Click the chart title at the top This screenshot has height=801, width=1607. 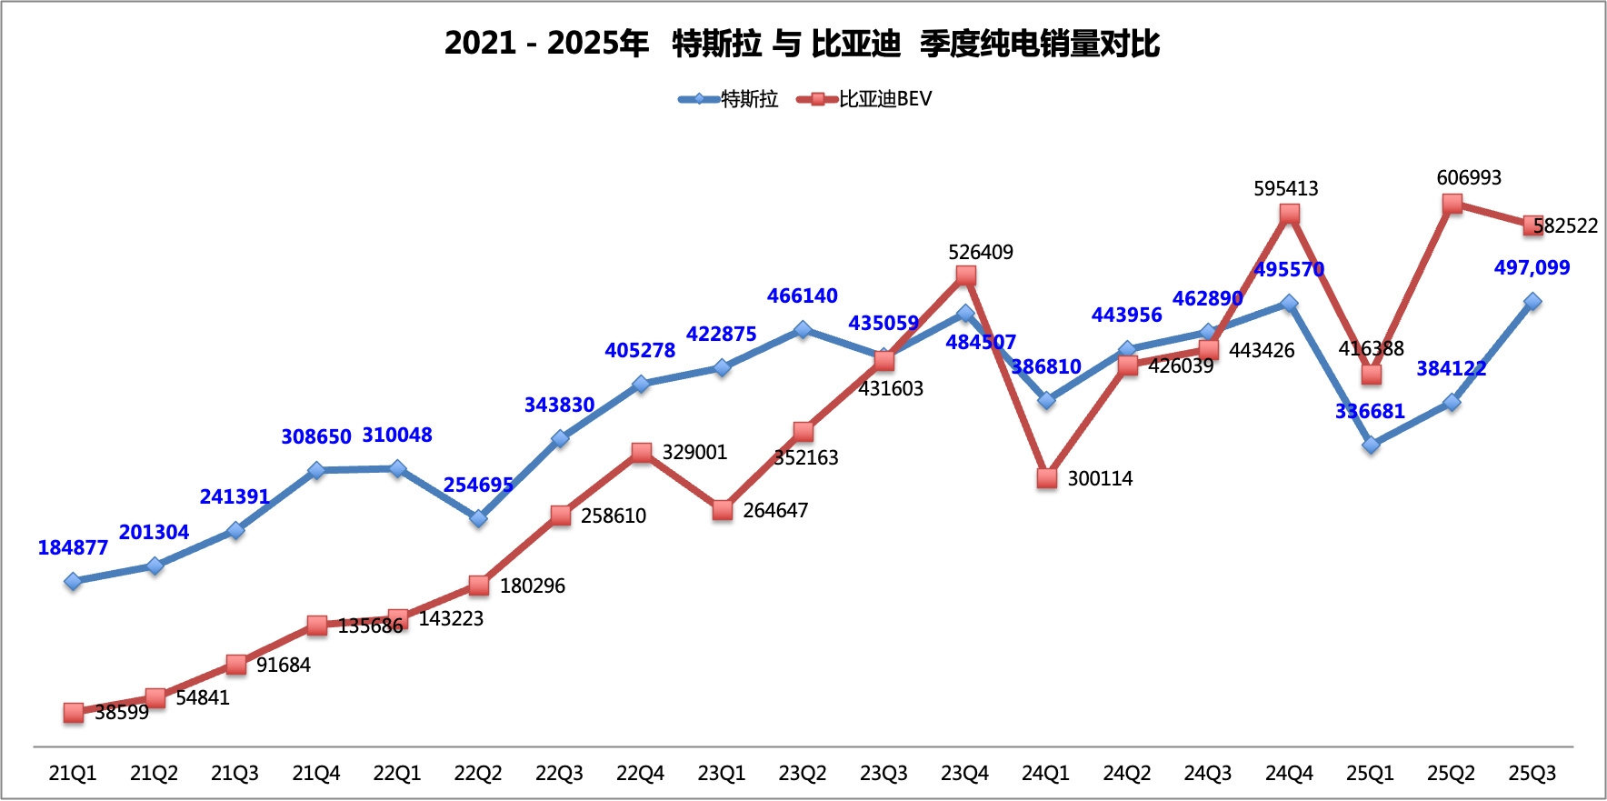point(802,43)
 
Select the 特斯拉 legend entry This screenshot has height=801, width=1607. point(730,99)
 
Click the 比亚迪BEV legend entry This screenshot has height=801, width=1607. point(865,99)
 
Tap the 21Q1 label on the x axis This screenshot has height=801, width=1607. point(73,774)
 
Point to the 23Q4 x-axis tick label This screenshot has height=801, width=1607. point(964,774)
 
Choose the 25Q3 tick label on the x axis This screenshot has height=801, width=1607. point(1532,774)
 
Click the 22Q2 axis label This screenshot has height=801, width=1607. point(478,774)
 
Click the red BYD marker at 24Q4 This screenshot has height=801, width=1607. point(1289,215)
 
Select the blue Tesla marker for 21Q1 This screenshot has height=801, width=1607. point(74,581)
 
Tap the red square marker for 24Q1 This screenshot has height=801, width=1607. point(1047,478)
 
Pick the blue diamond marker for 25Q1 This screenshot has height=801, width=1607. point(1371,445)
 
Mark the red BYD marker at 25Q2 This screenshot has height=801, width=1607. point(1452,204)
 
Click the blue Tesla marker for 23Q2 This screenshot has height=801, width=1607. point(803,329)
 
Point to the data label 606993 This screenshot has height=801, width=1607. point(1469,178)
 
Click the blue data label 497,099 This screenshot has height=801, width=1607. point(1532,268)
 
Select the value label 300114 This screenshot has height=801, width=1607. point(1100,479)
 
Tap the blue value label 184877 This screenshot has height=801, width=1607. point(73,548)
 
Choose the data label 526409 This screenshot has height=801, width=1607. point(980,253)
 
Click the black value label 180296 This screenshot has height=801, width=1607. point(533,586)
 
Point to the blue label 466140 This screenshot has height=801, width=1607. point(802,296)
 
